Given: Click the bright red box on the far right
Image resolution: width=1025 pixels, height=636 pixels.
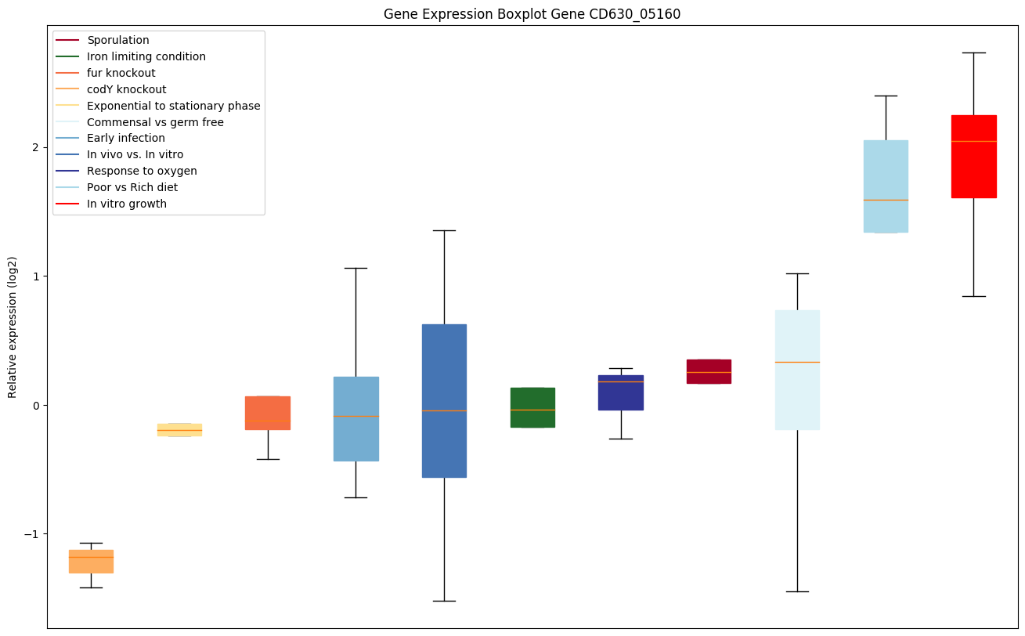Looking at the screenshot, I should tap(973, 157).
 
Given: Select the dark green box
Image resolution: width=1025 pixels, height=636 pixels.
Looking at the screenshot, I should tap(532, 407).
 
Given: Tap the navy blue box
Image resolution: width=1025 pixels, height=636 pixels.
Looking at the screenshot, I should tap(621, 392).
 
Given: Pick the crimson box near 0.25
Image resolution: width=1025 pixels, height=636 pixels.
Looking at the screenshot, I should tap(709, 371).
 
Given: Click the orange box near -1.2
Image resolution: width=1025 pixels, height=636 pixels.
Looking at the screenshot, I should tap(91, 562).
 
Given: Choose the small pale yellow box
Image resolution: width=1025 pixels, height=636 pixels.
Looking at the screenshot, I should tap(179, 429).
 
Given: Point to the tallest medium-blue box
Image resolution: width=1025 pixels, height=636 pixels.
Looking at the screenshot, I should tap(444, 400).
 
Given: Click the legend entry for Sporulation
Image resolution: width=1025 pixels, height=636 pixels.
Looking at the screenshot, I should tap(118, 40).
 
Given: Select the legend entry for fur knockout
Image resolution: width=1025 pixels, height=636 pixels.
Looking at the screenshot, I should tap(121, 73).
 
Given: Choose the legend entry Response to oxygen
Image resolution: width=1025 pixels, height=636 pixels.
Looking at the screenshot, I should tap(142, 171).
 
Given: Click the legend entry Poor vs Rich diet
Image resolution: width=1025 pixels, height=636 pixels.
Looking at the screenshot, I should tap(132, 187).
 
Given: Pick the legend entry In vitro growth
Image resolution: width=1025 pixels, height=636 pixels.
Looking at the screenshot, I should tap(127, 204).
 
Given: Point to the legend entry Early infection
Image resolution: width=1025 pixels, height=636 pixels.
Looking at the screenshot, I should tap(126, 138).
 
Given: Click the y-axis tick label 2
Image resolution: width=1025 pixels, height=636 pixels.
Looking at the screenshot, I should tap(35, 147).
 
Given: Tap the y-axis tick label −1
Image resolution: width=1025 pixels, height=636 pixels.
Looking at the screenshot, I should tap(32, 533).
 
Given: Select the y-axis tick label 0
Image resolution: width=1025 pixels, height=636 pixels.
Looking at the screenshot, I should tap(35, 405).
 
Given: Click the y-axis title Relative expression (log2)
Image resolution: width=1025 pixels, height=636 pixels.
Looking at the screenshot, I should tap(13, 327).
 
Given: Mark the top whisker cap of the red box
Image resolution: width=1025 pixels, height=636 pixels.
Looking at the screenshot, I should tap(973, 52).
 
